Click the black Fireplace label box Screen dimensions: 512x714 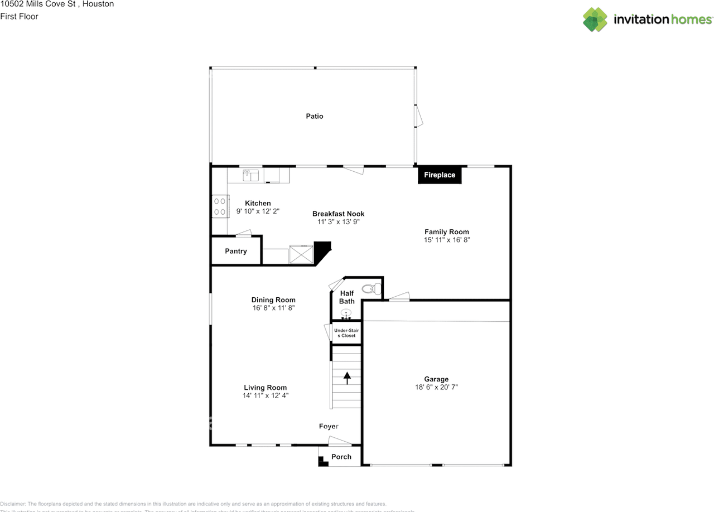[x=440, y=175]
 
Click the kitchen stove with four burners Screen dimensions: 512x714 [x=219, y=206]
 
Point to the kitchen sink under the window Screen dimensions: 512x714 [x=250, y=175]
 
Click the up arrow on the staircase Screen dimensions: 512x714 [x=347, y=378]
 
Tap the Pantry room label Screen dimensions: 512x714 [x=236, y=251]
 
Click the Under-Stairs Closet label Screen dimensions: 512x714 [x=346, y=333]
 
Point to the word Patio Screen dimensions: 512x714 [x=315, y=117]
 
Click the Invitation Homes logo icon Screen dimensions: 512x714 [x=595, y=20]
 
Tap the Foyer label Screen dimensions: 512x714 [x=329, y=426]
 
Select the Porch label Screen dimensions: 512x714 [x=341, y=457]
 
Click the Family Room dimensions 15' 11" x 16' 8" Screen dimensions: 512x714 [x=446, y=240]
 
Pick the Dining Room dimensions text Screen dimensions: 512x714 [x=273, y=308]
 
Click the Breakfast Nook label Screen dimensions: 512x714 [x=338, y=214]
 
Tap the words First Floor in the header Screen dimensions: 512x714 [x=20, y=16]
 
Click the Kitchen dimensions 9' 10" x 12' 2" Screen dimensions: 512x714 [x=258, y=211]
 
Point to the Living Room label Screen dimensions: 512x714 [x=265, y=388]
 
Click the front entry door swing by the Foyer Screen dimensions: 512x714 [x=339, y=442]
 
